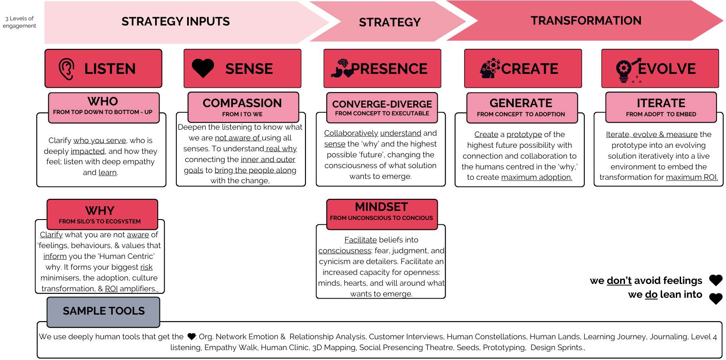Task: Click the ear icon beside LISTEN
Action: pyautogui.click(x=67, y=69)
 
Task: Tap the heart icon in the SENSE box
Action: pyautogui.click(x=203, y=68)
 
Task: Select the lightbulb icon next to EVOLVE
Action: pyautogui.click(x=624, y=70)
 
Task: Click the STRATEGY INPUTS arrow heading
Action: pyautogui.click(x=175, y=22)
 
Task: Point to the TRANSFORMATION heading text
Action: pyautogui.click(x=586, y=21)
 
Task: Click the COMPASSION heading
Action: pyautogui.click(x=242, y=103)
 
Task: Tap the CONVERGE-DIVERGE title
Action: pyautogui.click(x=382, y=104)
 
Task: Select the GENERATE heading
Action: pyautogui.click(x=521, y=103)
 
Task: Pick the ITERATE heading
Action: pyautogui.click(x=661, y=103)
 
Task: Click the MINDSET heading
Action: pyautogui.click(x=382, y=207)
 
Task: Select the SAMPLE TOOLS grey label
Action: pyautogui.click(x=104, y=311)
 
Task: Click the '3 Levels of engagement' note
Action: pyautogui.click(x=19, y=22)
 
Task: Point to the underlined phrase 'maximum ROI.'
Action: pyautogui.click(x=692, y=177)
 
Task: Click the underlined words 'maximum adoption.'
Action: pyautogui.click(x=536, y=177)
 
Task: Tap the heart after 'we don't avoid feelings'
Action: pyautogui.click(x=716, y=280)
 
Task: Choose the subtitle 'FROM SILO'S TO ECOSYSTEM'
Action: pyautogui.click(x=100, y=221)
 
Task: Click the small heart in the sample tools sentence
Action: pyautogui.click(x=191, y=336)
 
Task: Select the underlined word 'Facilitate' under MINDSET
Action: pyautogui.click(x=360, y=240)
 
